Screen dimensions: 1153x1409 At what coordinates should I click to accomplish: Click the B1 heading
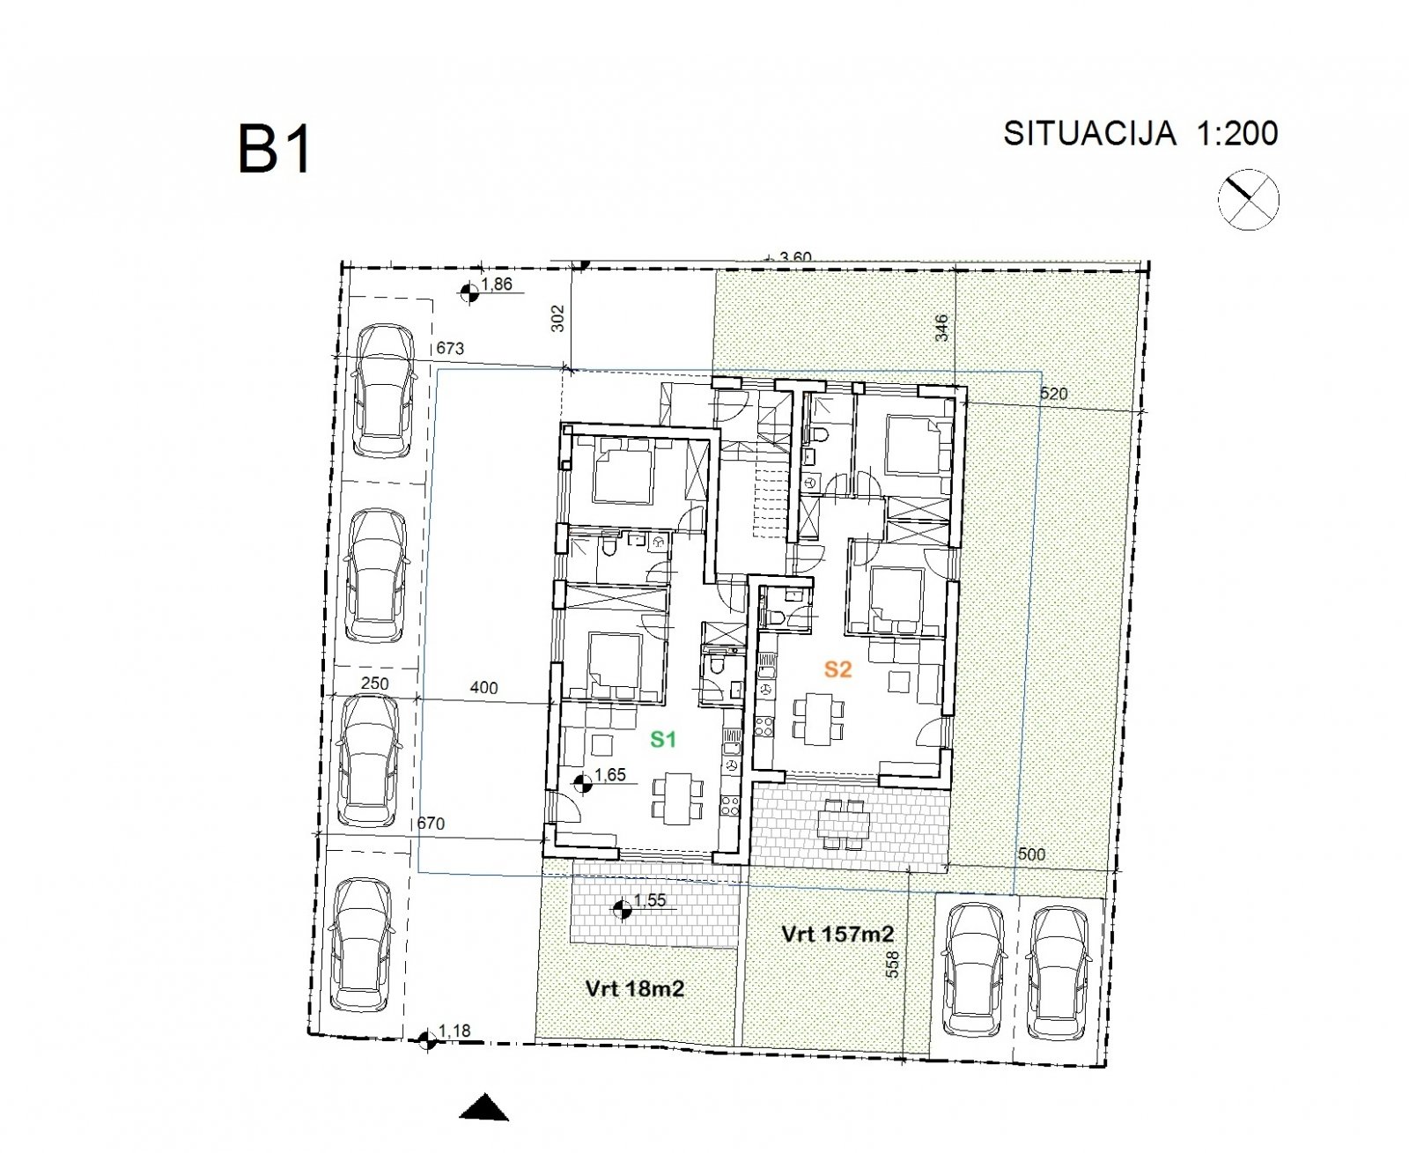click(x=275, y=150)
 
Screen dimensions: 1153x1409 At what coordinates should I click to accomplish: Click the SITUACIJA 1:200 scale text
click(x=1140, y=133)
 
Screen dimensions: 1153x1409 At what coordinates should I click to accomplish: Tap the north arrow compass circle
click(x=1248, y=201)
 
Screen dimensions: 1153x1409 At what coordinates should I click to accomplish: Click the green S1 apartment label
click(x=663, y=739)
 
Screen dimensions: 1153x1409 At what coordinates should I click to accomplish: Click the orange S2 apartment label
click(x=837, y=669)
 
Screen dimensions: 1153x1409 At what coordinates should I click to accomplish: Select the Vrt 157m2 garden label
click(x=837, y=934)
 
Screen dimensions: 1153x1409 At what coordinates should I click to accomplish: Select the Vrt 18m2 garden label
click(x=634, y=988)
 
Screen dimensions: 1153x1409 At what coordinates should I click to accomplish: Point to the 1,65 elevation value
click(x=609, y=775)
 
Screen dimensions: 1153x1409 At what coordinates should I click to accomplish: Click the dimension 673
click(x=450, y=348)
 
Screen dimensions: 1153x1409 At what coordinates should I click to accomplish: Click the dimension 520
click(x=1053, y=394)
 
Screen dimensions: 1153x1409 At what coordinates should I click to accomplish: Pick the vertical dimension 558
click(x=892, y=964)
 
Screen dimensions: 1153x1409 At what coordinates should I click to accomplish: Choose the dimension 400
click(x=483, y=688)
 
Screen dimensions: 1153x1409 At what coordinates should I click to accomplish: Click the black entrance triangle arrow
click(x=483, y=1108)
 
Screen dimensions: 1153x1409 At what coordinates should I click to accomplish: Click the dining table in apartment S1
click(x=676, y=797)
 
